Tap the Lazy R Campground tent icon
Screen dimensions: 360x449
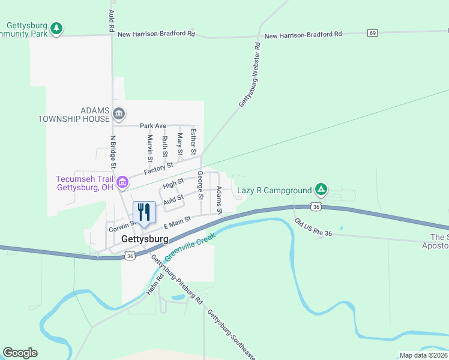click(x=321, y=190)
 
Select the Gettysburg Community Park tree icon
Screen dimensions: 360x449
click(x=56, y=28)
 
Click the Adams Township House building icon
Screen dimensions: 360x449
click(x=119, y=113)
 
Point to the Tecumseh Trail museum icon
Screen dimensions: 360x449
click(x=122, y=181)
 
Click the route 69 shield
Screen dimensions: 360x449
click(x=373, y=32)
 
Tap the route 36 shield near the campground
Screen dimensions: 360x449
click(x=316, y=206)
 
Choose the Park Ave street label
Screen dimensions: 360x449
click(x=152, y=126)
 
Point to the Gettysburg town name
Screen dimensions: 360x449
click(x=144, y=239)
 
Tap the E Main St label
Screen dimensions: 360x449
click(x=177, y=223)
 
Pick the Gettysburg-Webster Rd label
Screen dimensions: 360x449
click(x=249, y=75)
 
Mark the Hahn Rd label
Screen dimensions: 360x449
click(x=153, y=285)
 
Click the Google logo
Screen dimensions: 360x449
click(x=20, y=353)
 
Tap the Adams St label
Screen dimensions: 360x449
click(x=219, y=200)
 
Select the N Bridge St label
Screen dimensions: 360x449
click(x=113, y=152)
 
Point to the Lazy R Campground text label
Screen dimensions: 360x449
click(x=274, y=191)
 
